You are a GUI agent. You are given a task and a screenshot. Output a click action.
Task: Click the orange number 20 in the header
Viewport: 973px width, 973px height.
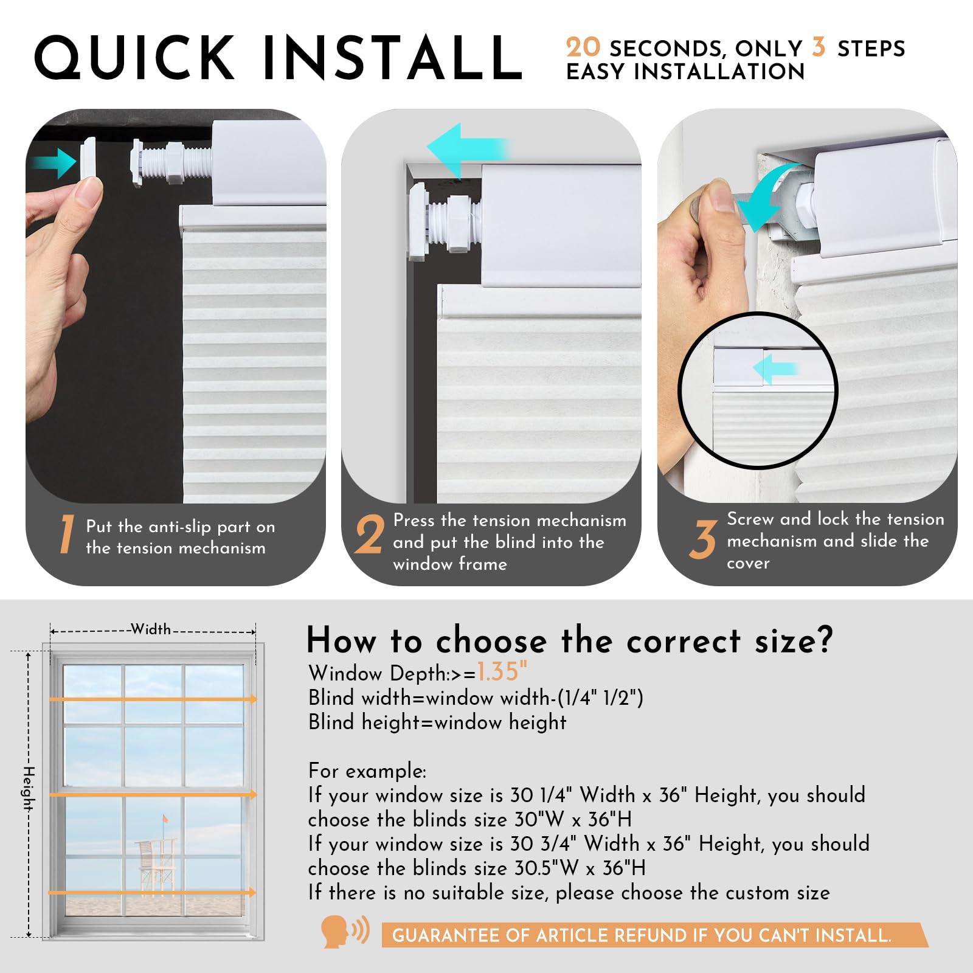point(583,47)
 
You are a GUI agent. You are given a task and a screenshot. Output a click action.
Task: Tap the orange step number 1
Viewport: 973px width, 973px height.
point(66,535)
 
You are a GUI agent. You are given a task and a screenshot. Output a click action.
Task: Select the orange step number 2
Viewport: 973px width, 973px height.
point(370,535)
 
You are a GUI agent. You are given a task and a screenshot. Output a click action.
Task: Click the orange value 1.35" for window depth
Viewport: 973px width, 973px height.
point(502,671)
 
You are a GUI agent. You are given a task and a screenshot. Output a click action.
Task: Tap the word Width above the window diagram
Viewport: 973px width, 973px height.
point(151,629)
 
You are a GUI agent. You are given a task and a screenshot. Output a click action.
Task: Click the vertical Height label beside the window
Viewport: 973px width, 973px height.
point(29,788)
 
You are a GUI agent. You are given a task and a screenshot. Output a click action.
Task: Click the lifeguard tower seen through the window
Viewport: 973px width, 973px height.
point(156,867)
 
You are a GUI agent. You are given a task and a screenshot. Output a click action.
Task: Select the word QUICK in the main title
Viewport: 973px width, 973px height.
point(135,58)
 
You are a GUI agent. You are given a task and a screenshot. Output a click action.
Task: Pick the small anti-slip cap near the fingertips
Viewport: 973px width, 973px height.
point(88,157)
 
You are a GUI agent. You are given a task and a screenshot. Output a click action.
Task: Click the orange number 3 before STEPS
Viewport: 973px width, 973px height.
point(819,47)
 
